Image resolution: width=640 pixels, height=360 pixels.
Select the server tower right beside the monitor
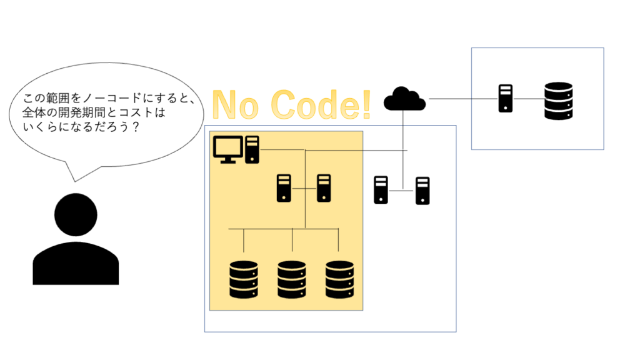click(x=252, y=149)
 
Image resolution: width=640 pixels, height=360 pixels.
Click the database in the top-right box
click(x=558, y=101)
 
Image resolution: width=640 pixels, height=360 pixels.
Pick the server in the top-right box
click(x=505, y=99)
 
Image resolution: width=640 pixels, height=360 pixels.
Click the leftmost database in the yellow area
click(x=244, y=279)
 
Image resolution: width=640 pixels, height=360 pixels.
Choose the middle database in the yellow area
click(x=291, y=279)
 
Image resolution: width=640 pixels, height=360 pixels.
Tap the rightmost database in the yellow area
click(x=339, y=279)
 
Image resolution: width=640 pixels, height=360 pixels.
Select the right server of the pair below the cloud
click(x=423, y=191)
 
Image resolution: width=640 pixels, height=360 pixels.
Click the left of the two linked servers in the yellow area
click(x=284, y=188)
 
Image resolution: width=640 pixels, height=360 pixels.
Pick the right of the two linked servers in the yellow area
click(x=323, y=188)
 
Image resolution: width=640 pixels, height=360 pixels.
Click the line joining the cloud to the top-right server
click(x=462, y=99)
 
